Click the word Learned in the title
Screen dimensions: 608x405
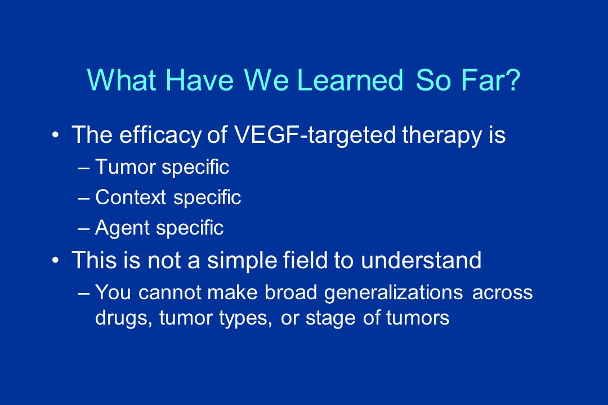350,80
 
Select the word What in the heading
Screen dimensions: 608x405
122,80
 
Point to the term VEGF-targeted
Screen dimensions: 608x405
315,136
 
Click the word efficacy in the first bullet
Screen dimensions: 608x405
160,136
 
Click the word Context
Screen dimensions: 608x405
131,197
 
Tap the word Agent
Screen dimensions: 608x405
122,228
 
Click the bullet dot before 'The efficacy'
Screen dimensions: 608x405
56,136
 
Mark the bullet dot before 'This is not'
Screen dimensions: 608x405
56,260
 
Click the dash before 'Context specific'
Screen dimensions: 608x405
84,199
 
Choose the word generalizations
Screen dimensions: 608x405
394,293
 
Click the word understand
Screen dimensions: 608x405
421,260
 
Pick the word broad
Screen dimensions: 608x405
291,292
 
